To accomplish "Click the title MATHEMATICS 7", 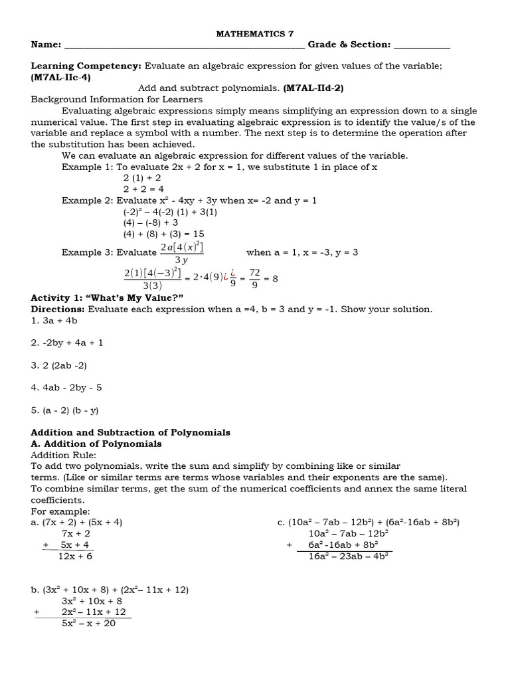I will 255,33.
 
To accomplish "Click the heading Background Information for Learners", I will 117,99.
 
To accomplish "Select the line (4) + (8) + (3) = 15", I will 163,234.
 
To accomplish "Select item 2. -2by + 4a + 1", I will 67,343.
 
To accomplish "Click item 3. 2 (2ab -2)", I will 59,365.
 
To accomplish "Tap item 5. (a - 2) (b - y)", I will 64,410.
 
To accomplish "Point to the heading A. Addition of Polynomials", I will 96,444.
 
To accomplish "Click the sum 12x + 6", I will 75,556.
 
